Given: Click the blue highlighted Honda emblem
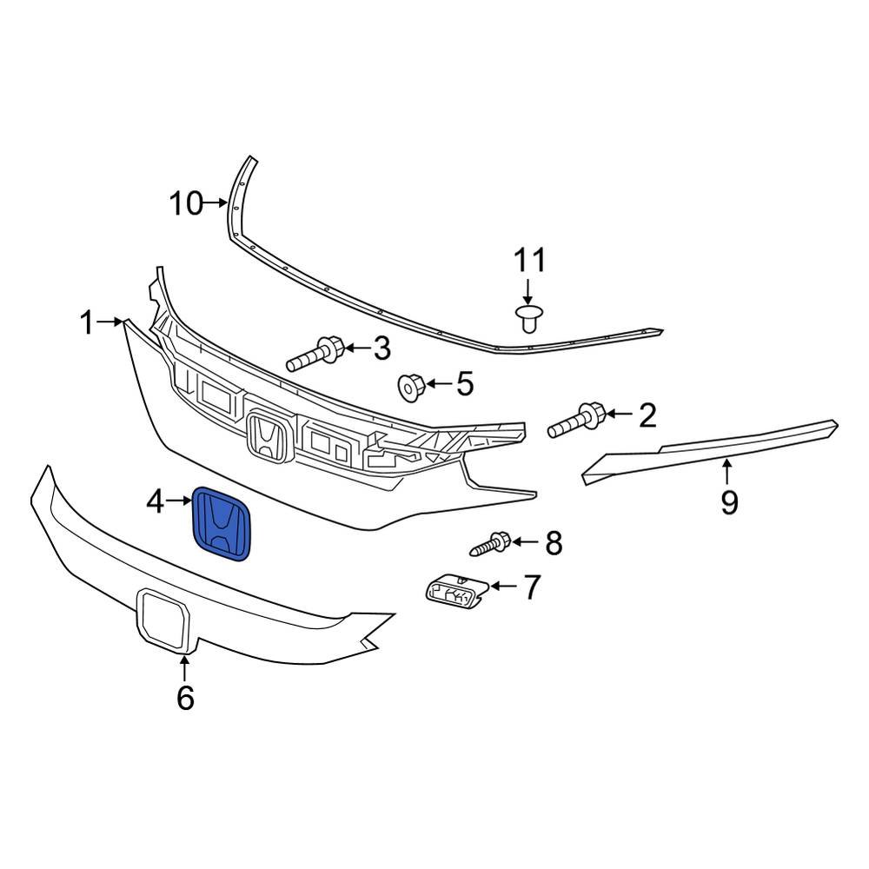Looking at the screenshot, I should point(222,522).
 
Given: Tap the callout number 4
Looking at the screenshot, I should point(155,501).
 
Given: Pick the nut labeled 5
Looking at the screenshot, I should point(411,387).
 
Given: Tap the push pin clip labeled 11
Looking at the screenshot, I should point(527,318).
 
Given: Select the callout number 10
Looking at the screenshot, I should point(185,204).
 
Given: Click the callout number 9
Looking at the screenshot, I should point(728,501).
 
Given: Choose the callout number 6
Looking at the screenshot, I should point(185,697).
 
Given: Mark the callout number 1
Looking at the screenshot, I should point(86,323).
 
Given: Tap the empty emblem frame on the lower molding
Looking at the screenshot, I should point(163,620).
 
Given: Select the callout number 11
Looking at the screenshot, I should point(529,261).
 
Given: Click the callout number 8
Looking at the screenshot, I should point(554,544).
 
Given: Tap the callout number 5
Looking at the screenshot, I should point(465,383).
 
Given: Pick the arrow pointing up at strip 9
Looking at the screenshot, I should point(727,474).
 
